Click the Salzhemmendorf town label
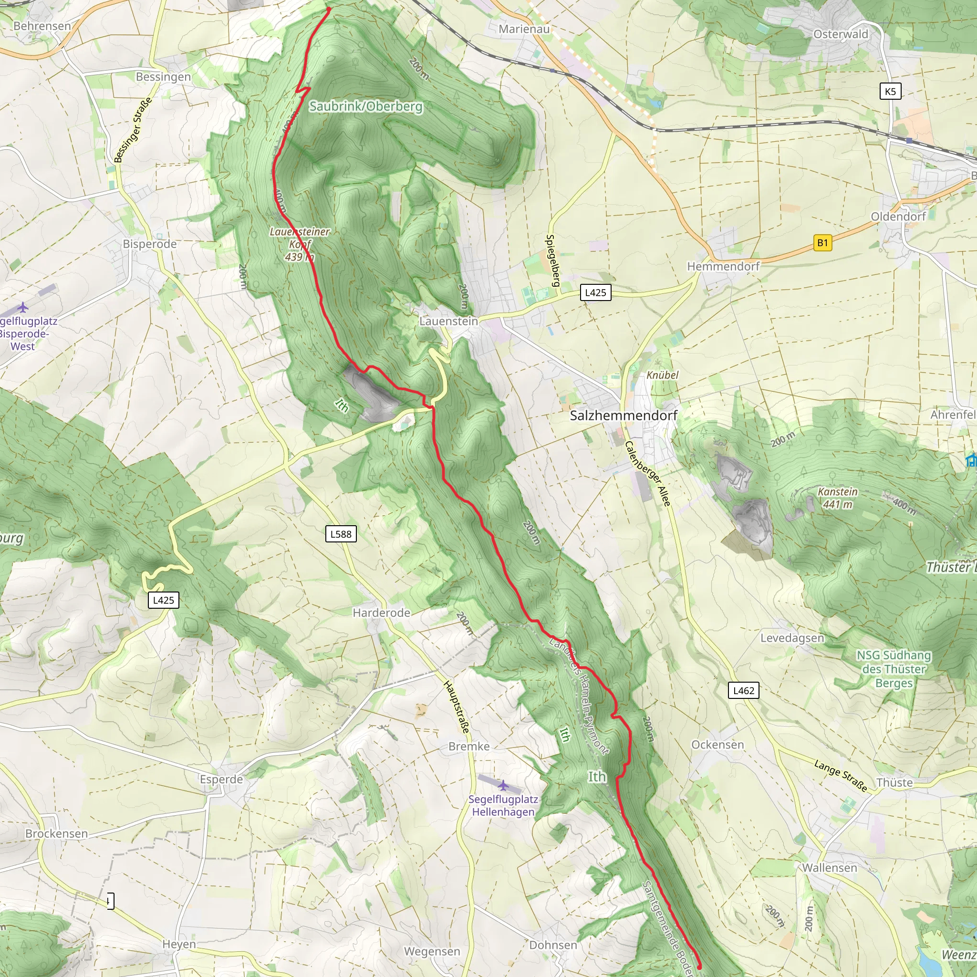coord(623,415)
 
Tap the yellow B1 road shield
coord(822,243)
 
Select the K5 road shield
coord(890,92)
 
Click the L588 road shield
coord(340,534)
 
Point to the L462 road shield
coord(743,690)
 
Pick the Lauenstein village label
coord(448,321)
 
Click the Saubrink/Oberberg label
coord(365,106)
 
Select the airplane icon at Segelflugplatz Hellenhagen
coord(503,785)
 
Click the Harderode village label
coord(381,613)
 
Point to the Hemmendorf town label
coord(723,266)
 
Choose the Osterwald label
coord(841,34)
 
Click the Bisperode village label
coord(150,244)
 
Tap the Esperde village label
coord(221,780)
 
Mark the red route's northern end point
coord(329,9)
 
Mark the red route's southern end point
coord(699,967)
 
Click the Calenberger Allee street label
coord(647,474)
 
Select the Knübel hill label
coord(662,374)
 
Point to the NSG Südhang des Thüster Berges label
coord(893,668)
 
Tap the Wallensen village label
coord(829,868)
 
